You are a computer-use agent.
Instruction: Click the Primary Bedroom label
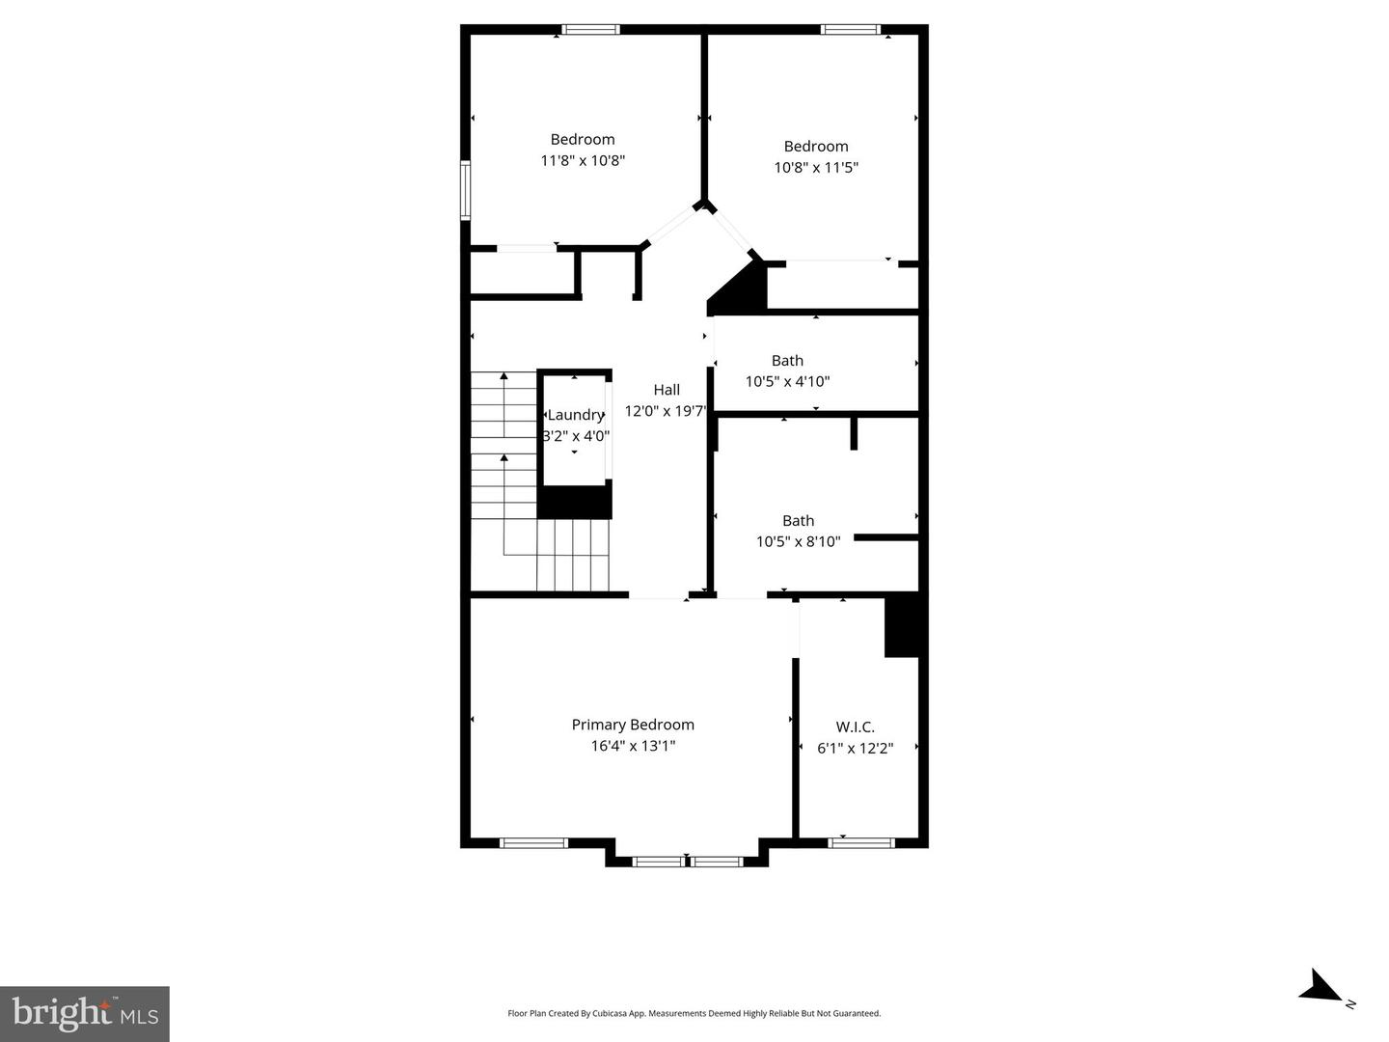(x=633, y=725)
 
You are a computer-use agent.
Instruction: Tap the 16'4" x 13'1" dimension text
(x=633, y=746)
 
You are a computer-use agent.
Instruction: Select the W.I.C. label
(x=855, y=727)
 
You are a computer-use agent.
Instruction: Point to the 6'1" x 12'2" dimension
(x=855, y=748)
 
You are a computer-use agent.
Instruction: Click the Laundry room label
(x=575, y=415)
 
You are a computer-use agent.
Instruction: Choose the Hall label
(x=667, y=390)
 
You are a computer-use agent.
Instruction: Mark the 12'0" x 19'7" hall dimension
(x=666, y=411)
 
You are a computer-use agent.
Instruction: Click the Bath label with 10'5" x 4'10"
(x=787, y=361)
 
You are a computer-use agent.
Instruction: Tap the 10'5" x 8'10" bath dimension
(x=798, y=542)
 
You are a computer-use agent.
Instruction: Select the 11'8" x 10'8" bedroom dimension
(x=583, y=161)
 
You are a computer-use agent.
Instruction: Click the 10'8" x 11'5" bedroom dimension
(x=816, y=168)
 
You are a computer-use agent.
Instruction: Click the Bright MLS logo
(x=85, y=1013)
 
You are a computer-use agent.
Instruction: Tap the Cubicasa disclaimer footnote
(x=694, y=1014)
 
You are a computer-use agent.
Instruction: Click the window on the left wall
(x=465, y=190)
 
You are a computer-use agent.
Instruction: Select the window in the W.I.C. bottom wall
(x=860, y=843)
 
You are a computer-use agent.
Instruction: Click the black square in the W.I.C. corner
(x=902, y=627)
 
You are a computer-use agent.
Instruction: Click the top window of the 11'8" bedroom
(x=591, y=30)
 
